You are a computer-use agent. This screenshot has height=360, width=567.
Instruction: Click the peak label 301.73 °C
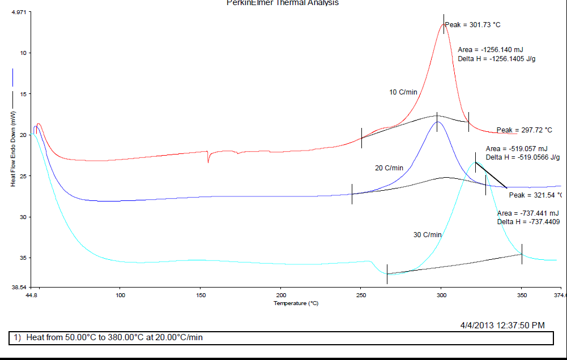(472, 25)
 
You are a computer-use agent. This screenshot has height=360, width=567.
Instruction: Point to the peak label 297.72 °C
(524, 130)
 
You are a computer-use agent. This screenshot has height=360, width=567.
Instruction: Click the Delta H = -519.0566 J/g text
(522, 157)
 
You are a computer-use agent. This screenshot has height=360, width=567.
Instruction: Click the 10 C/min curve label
(403, 92)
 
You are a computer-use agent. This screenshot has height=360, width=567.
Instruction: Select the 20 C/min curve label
(389, 168)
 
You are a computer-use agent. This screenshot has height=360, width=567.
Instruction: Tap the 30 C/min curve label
(427, 235)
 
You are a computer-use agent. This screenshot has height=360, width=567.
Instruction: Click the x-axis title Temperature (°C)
(296, 303)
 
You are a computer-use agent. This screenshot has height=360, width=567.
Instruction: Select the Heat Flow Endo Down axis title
(12, 149)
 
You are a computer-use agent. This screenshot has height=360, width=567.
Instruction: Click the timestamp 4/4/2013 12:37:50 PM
(502, 325)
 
